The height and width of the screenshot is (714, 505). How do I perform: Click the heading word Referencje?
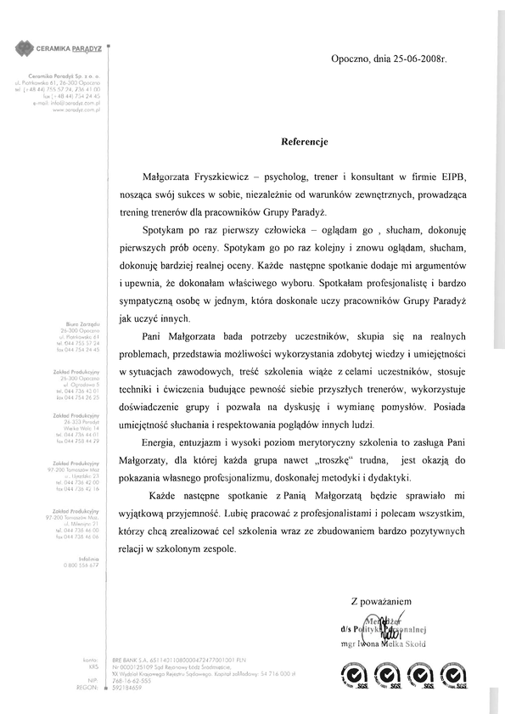(x=303, y=143)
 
